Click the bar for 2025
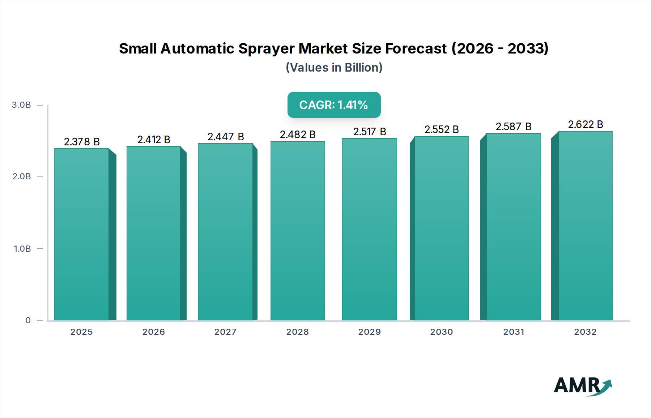pyautogui.click(x=82, y=234)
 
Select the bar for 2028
pyautogui.click(x=297, y=231)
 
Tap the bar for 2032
pyautogui.click(x=585, y=226)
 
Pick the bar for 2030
pyautogui.click(x=441, y=228)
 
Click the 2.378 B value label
pyautogui.click(x=82, y=142)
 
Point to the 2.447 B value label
pyautogui.click(x=226, y=137)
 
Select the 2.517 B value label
pyautogui.click(x=370, y=132)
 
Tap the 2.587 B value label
pyautogui.click(x=514, y=127)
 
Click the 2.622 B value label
pyautogui.click(x=585, y=124)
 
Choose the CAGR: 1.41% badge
pyautogui.click(x=334, y=105)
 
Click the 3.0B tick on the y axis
pyautogui.click(x=21, y=105)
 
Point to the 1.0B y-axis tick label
pyautogui.click(x=22, y=249)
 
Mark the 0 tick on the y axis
pyautogui.click(x=28, y=320)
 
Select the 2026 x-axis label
pyautogui.click(x=153, y=332)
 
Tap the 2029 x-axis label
pyautogui.click(x=369, y=332)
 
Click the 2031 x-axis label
pyautogui.click(x=514, y=332)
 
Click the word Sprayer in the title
pyautogui.click(x=267, y=49)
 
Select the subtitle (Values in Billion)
pyautogui.click(x=334, y=68)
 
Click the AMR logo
pyautogui.click(x=582, y=386)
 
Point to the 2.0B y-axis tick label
pyautogui.click(x=22, y=177)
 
